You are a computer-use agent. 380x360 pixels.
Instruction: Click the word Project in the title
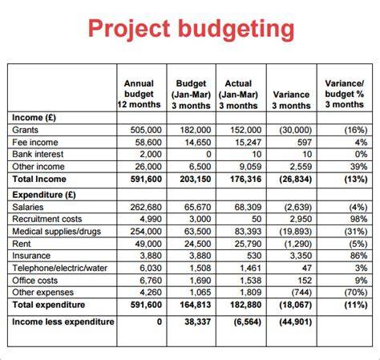click(129, 29)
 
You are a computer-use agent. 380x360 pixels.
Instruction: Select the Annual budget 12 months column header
click(139, 94)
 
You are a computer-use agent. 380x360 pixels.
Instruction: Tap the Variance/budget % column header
click(345, 94)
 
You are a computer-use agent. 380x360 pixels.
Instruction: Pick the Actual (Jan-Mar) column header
click(238, 95)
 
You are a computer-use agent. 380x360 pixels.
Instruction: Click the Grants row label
click(25, 130)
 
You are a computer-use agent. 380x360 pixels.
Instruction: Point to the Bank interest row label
click(38, 154)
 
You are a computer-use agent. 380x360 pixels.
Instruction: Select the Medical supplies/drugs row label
click(57, 232)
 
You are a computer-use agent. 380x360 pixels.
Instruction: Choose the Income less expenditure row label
click(63, 322)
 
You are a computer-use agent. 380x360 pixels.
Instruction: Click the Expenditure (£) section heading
click(44, 195)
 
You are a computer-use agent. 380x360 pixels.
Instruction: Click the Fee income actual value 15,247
click(249, 143)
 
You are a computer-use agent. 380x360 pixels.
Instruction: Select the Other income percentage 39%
click(359, 167)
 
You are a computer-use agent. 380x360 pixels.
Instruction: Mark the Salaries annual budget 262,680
click(146, 207)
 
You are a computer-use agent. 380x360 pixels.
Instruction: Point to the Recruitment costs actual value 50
click(257, 219)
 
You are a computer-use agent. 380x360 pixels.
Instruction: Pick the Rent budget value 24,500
click(198, 244)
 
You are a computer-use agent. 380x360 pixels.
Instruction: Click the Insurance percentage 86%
click(359, 256)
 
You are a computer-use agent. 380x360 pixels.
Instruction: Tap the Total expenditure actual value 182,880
click(246, 305)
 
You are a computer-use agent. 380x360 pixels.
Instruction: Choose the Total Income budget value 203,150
click(196, 179)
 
